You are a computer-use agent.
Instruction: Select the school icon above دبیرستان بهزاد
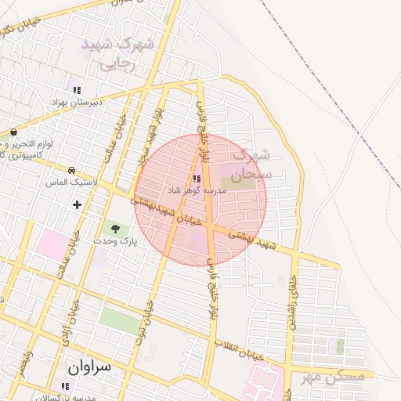(77, 90)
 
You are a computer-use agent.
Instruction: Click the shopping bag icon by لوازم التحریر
(13, 132)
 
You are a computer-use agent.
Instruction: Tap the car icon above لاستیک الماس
(71, 170)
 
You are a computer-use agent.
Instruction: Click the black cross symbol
(77, 204)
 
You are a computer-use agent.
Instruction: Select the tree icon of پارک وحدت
(115, 229)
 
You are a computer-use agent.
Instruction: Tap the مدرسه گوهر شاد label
(196, 190)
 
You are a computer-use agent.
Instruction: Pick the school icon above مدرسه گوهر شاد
(196, 179)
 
